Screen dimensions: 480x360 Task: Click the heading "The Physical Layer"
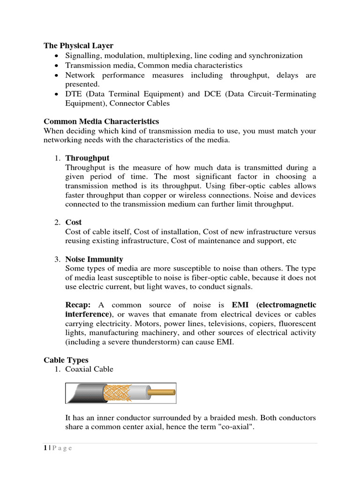78,45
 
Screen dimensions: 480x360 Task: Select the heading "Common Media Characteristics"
101,121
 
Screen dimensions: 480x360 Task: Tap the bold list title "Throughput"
87,158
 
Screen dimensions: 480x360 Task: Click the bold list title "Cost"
73,222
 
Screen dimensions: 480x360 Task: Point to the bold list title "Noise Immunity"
94,259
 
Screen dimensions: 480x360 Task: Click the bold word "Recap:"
78,305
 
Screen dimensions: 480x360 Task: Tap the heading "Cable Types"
66,360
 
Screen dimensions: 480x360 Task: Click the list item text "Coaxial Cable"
89,369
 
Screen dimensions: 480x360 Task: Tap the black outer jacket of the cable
84,393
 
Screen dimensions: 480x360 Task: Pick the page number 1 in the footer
45,448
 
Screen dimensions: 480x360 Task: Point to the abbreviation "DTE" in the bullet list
74,94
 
